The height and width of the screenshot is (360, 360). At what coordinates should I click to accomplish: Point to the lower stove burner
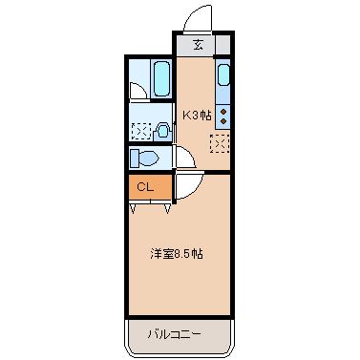coord(223,121)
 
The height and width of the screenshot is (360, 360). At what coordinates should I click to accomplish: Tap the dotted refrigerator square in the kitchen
coord(220,144)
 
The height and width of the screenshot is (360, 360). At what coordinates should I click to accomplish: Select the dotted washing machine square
coord(140,132)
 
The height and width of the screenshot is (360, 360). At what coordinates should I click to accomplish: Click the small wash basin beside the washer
coord(163,132)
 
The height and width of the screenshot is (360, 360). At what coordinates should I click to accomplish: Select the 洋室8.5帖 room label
coord(175,255)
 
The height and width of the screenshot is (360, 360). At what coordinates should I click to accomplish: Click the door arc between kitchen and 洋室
coord(184,186)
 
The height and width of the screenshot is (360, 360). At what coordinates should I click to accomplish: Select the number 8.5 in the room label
coord(179,255)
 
